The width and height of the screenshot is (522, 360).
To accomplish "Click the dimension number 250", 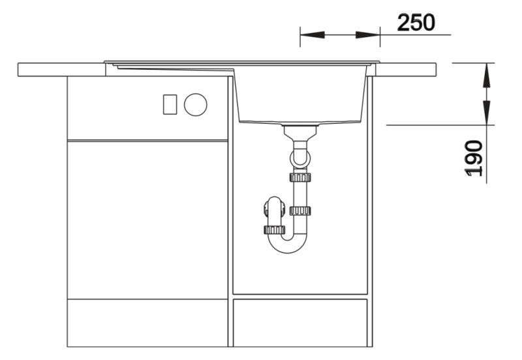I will pyautogui.click(x=416, y=23).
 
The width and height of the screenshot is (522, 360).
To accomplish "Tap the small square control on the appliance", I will pyautogui.click(x=170, y=104).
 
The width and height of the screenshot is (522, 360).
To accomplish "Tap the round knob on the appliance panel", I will pyautogui.click(x=195, y=104).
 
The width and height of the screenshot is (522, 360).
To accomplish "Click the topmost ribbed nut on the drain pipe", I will pyautogui.click(x=300, y=176).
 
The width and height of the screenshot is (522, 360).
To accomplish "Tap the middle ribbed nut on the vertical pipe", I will pyautogui.click(x=300, y=210).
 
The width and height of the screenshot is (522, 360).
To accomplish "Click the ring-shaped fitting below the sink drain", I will pyautogui.click(x=300, y=157).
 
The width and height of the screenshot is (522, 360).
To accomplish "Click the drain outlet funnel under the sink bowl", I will pyautogui.click(x=300, y=131).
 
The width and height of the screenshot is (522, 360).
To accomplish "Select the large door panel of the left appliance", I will pyautogui.click(x=147, y=219).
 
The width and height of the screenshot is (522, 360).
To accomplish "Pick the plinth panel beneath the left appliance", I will pyautogui.click(x=147, y=322).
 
